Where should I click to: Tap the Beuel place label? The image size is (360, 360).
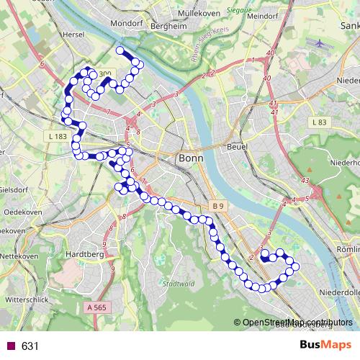click(x=236, y=146)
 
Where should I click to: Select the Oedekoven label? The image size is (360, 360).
click(x=22, y=212)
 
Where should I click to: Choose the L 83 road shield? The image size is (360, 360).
click(x=320, y=123)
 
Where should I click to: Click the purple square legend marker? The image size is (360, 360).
click(x=11, y=346)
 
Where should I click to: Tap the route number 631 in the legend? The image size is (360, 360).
click(x=30, y=346)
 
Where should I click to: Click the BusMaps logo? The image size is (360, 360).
click(x=325, y=346)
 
